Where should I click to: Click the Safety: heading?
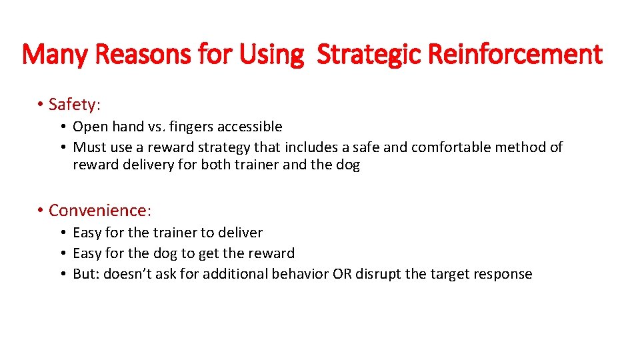pyautogui.click(x=74, y=105)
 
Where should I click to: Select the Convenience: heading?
pyautogui.click(x=100, y=211)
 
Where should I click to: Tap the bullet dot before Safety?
pyautogui.click(x=40, y=105)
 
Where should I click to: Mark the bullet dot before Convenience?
pyautogui.click(x=40, y=211)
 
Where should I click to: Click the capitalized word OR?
pyautogui.click(x=341, y=274)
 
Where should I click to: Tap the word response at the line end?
pyautogui.click(x=505, y=274)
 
